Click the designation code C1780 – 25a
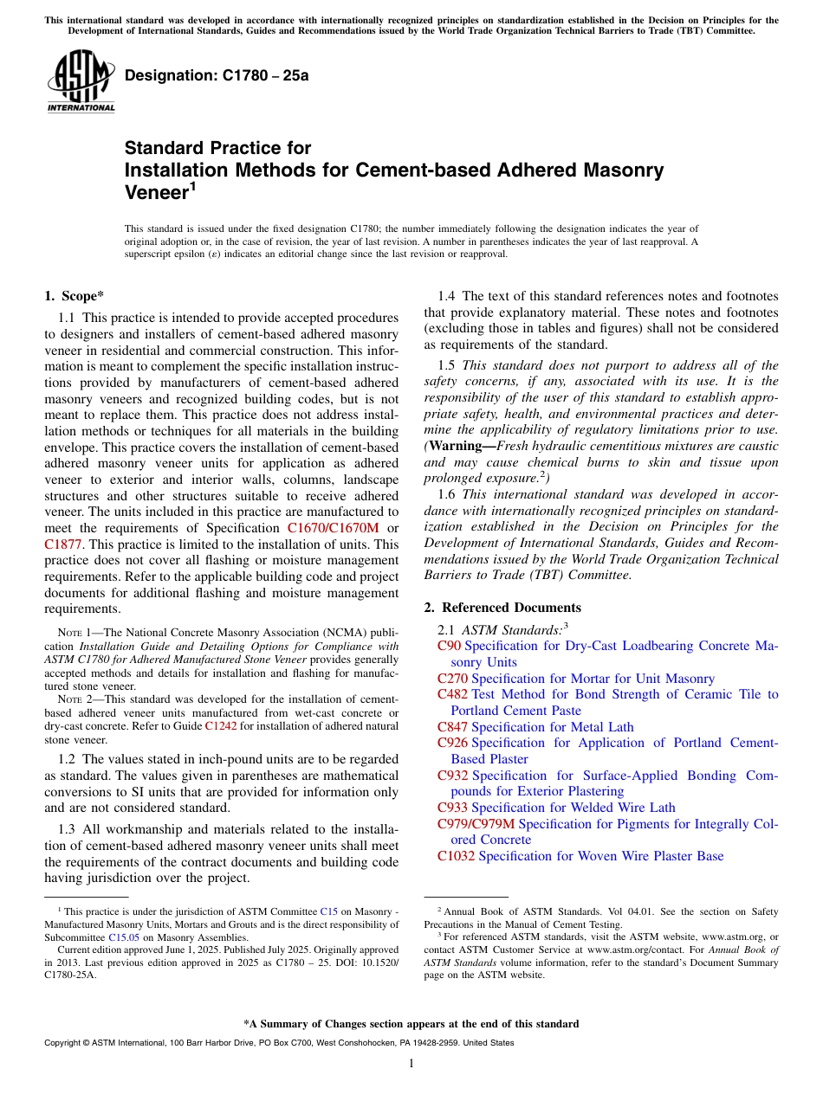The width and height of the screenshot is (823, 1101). point(217,75)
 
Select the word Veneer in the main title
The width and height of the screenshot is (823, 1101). point(156,193)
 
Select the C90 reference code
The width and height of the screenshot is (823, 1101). point(449,646)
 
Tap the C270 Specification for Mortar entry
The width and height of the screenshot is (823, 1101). point(576,679)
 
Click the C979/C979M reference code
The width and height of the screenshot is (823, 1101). point(476,824)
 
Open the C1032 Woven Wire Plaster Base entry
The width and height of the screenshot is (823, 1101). point(580,856)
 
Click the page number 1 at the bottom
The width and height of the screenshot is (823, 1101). point(411,1063)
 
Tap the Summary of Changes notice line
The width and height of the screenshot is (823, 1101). point(411,1024)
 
